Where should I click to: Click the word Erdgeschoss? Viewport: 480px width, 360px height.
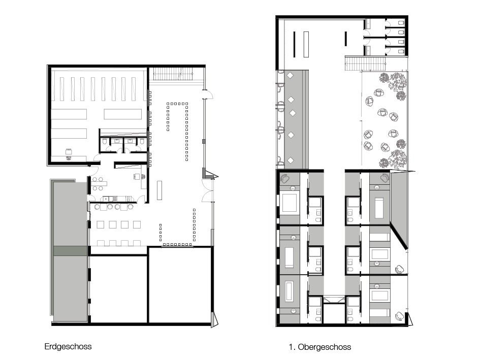[x=68, y=346]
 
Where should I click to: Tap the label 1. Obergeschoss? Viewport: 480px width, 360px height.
[x=319, y=347]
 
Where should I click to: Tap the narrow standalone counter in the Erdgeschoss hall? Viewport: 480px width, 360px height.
[x=159, y=190]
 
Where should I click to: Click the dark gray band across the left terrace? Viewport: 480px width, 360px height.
[x=71, y=250]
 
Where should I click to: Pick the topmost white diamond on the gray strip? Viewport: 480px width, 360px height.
[x=290, y=75]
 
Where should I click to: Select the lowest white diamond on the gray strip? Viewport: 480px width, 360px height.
[x=290, y=160]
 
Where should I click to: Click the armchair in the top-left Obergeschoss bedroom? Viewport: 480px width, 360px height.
[x=285, y=178]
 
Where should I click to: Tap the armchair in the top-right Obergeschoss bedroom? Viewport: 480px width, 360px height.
[x=385, y=178]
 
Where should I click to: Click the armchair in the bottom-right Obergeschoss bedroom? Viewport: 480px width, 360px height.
[x=399, y=316]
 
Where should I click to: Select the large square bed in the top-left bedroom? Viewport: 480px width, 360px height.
[x=290, y=203]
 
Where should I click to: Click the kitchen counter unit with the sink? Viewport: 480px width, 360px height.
[x=117, y=199]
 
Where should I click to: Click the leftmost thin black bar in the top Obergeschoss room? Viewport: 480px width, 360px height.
[x=295, y=44]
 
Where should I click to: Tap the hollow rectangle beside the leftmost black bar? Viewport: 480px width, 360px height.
[x=306, y=44]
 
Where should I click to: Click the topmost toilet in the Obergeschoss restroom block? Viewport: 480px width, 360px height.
[x=401, y=23]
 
